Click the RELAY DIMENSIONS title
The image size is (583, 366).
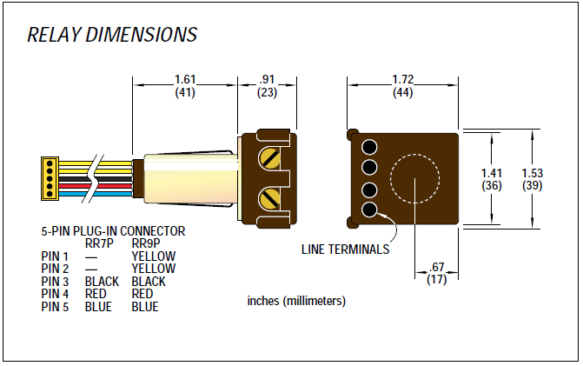coord(112,36)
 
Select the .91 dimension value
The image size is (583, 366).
coord(267,79)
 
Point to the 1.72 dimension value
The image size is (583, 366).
coord(402,79)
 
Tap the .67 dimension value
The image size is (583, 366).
coord(437,268)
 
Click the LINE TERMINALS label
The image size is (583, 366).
coord(345,249)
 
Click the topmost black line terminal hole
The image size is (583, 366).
coord(368,146)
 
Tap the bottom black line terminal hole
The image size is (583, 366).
coord(368,210)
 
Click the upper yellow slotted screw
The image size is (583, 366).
coord(270,156)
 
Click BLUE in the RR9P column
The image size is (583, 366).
coord(145,307)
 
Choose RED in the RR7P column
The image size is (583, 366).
coord(96,295)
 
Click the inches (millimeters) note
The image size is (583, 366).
coord(296,302)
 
